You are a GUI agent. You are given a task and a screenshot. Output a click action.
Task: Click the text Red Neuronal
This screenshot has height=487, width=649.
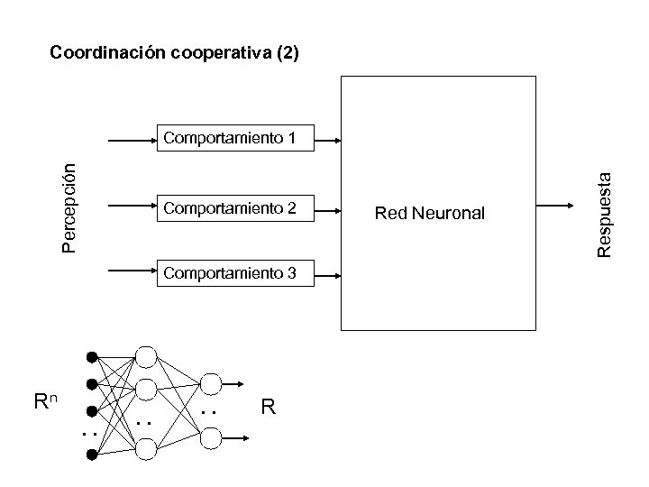point(430,214)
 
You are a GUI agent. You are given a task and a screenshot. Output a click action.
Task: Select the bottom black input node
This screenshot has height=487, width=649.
point(91,455)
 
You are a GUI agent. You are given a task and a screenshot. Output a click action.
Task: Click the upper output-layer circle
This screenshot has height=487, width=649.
point(209,384)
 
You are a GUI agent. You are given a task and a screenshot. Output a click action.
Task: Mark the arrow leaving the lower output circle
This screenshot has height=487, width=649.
point(236,437)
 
